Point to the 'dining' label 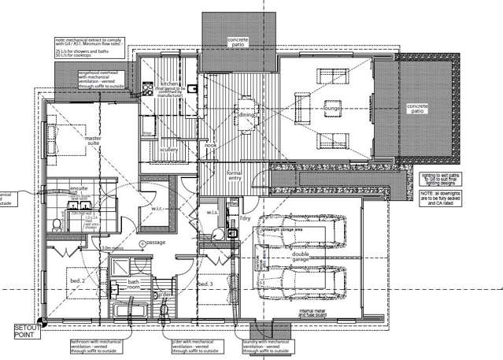pyautogui.click(x=246, y=115)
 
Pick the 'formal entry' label pyautogui.click(x=233, y=174)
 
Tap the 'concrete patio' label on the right pyautogui.click(x=416, y=109)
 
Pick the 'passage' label pyautogui.click(x=153, y=243)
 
